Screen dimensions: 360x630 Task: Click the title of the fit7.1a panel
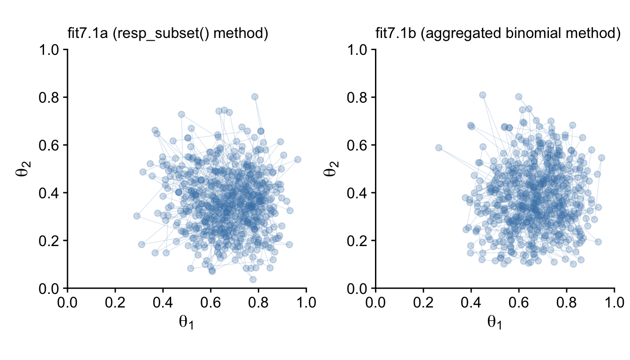(168, 34)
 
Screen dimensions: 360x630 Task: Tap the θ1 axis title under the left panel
(187, 322)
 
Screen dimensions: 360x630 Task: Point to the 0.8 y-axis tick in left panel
(50, 97)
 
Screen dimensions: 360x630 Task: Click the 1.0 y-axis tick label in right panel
(358, 50)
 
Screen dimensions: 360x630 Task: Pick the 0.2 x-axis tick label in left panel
(115, 302)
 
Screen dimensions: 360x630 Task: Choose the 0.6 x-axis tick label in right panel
(518, 302)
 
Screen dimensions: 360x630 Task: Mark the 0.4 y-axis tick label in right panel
(358, 193)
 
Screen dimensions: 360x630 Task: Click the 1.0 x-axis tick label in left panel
(307, 302)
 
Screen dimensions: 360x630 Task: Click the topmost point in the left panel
(255, 97)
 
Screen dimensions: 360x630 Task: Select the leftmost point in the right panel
(439, 148)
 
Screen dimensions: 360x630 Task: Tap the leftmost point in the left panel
(137, 216)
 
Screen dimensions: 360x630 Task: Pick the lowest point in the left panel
(253, 279)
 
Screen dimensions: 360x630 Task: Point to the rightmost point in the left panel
(297, 159)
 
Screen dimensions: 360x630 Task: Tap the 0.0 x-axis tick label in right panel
(375, 302)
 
